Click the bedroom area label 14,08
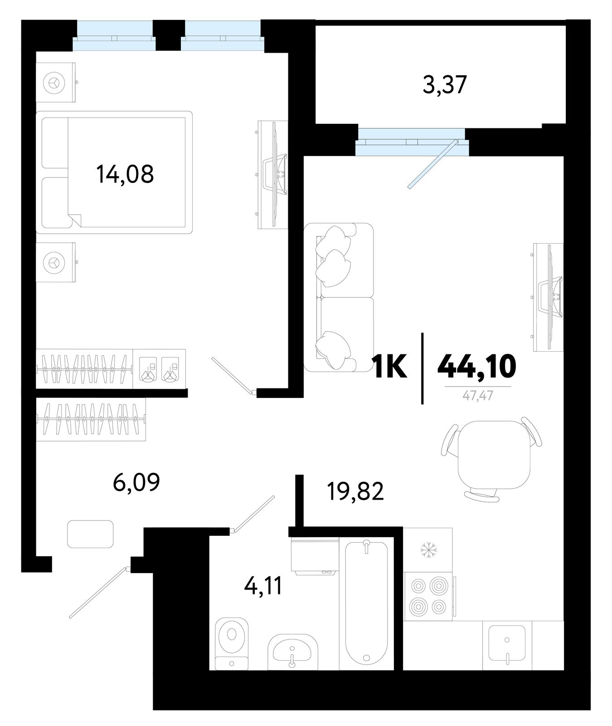coord(125,174)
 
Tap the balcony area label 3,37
coord(445,84)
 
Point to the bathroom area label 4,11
coord(263,585)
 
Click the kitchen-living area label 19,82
coord(355,491)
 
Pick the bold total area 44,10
coord(477,366)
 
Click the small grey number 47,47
coord(478,396)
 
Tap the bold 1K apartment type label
coord(389,366)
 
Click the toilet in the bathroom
coord(232,643)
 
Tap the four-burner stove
coord(429,596)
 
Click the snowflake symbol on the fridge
coord(428,550)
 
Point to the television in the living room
coord(549,297)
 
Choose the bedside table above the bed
coord(55,83)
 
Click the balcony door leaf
coord(432,164)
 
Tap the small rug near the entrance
coord(90,534)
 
